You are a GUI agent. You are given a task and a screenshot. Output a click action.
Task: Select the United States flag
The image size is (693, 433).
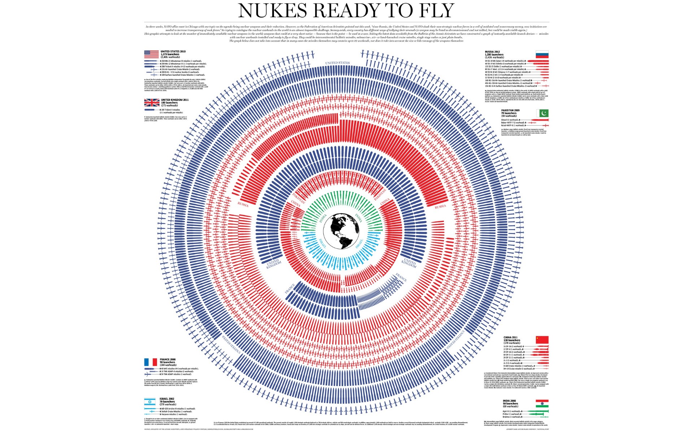[151, 54]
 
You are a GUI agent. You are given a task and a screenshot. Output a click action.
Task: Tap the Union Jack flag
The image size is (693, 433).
[152, 102]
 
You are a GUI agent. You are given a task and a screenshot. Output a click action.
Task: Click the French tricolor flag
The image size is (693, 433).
[151, 362]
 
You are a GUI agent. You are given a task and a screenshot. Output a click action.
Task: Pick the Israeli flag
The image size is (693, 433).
[150, 402]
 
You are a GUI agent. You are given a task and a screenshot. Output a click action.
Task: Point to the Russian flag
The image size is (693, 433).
[542, 54]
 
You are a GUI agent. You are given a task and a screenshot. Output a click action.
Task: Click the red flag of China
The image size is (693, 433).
[542, 340]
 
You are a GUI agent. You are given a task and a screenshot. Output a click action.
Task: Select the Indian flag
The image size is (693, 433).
[542, 403]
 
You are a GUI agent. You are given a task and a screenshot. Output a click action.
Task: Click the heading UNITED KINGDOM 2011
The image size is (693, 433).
[175, 100]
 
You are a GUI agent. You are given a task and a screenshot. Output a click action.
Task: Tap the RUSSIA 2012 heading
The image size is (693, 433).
[492, 52]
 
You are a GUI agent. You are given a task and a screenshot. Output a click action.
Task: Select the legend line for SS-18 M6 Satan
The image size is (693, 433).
[504, 61]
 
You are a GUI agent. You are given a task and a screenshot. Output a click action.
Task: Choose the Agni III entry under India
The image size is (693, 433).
[511, 411]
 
